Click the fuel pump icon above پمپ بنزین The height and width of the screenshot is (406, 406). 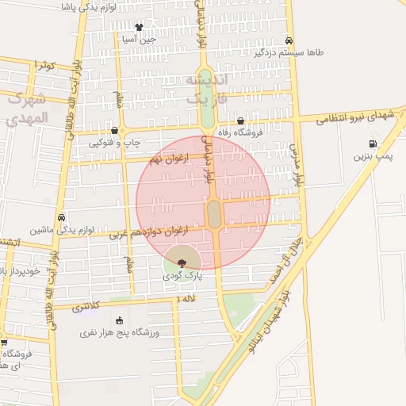[x=372, y=144]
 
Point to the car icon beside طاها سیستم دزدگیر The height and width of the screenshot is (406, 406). [x=289, y=40]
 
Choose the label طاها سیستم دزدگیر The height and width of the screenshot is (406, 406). [x=289, y=53]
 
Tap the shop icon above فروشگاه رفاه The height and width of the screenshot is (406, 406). [x=240, y=121]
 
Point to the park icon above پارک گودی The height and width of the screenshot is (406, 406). [x=182, y=262]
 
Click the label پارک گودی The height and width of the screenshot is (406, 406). [x=183, y=276]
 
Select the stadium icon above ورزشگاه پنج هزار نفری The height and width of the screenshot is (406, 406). [x=119, y=320]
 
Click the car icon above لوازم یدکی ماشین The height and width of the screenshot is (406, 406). [x=61, y=217]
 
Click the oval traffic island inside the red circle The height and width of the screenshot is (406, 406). [x=214, y=212]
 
